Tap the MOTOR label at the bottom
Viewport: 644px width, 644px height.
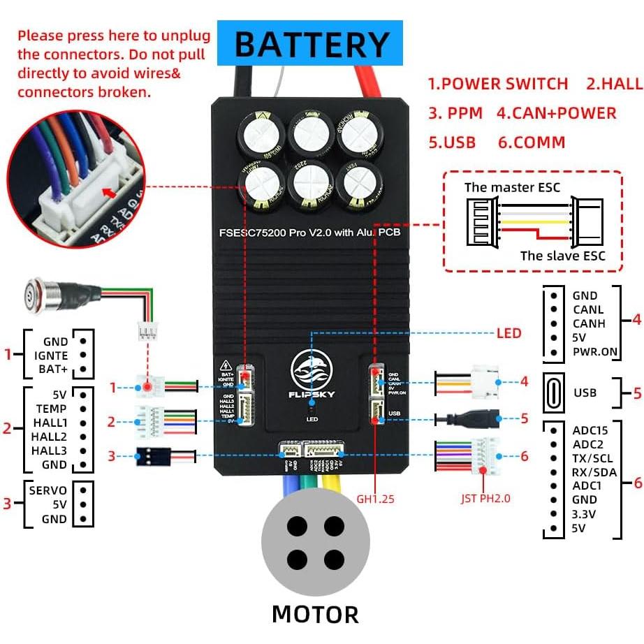coord(315,614)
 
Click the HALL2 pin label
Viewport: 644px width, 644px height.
coord(49,437)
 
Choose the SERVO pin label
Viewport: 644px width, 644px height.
coord(48,490)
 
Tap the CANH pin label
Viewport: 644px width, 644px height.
coord(588,323)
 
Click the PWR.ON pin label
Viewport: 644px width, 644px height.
coord(594,351)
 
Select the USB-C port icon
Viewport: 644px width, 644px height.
coord(552,393)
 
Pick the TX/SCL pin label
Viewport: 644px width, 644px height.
coord(593,458)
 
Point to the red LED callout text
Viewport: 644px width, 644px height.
coord(508,333)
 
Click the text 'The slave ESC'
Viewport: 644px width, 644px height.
coord(562,255)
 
